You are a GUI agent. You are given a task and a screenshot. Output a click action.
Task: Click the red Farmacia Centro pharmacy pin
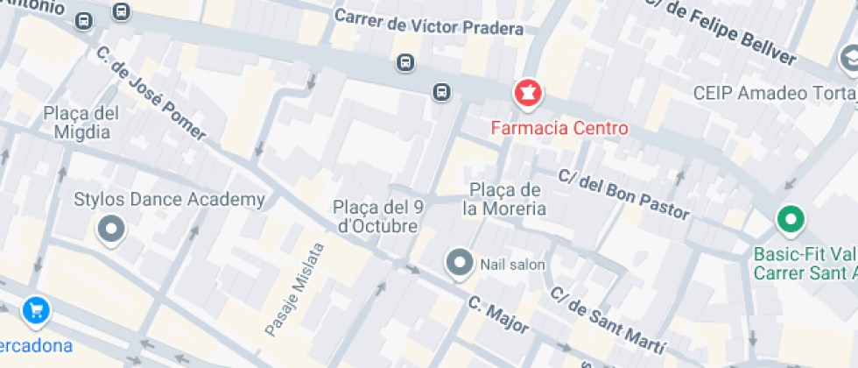528,93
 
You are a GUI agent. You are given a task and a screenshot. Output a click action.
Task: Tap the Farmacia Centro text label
559,129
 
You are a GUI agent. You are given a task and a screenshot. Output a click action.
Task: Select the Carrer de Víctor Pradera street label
429,23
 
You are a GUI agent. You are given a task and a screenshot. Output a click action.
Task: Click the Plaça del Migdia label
81,123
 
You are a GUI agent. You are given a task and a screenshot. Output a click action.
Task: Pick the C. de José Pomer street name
151,94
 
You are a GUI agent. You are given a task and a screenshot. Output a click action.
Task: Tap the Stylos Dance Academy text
170,200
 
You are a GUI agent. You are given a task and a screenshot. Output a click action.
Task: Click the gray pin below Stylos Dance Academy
111,230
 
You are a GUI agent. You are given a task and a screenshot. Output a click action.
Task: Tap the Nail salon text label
512,264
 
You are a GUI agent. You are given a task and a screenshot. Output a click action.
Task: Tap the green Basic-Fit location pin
791,219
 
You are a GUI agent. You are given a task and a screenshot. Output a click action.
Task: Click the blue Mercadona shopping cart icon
36,309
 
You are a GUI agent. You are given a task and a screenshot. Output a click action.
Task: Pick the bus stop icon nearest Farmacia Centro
442,91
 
